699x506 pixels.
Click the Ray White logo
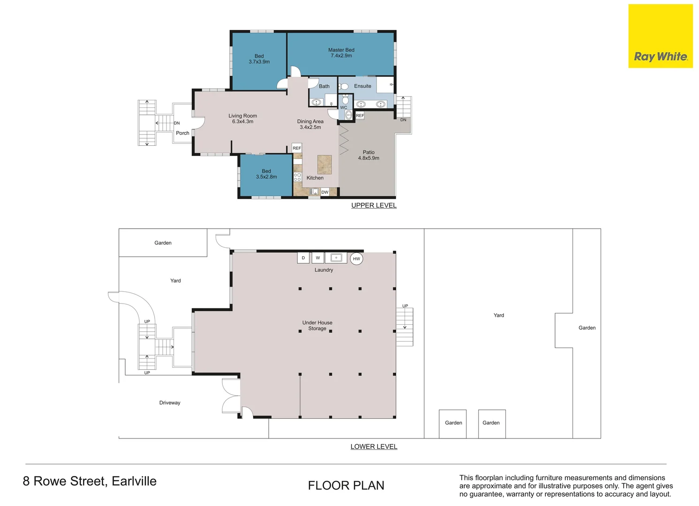pyautogui.click(x=660, y=36)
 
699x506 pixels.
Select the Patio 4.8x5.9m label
pyautogui.click(x=368, y=155)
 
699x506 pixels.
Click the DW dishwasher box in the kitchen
pyautogui.click(x=325, y=192)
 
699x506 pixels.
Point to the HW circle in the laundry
pyautogui.click(x=356, y=259)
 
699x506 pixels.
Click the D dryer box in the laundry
pyautogui.click(x=303, y=258)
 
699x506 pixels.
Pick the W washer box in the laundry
pyautogui.click(x=318, y=258)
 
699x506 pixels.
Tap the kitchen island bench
pyautogui.click(x=324, y=164)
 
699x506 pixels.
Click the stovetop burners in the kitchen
pyautogui.click(x=297, y=177)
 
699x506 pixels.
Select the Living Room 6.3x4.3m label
pyautogui.click(x=242, y=119)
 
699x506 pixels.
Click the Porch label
pyautogui.click(x=182, y=133)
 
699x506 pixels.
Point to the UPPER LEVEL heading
pyautogui.click(x=374, y=205)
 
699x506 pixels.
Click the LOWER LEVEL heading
pyautogui.click(x=374, y=446)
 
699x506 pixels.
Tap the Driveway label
pyautogui.click(x=170, y=402)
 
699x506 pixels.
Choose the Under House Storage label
pyautogui.click(x=317, y=326)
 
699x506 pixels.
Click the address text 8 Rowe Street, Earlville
pyautogui.click(x=90, y=481)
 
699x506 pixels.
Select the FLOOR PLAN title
pyautogui.click(x=346, y=485)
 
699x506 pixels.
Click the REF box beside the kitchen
pyautogui.click(x=297, y=148)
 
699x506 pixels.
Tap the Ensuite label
pyautogui.click(x=362, y=86)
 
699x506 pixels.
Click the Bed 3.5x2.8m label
pyautogui.click(x=266, y=174)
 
